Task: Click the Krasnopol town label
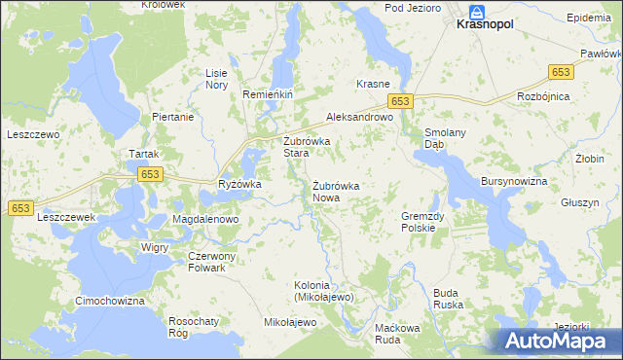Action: (486, 28)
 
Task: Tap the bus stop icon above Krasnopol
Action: (476, 12)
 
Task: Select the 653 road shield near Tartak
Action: (149, 174)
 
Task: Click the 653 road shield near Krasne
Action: (401, 101)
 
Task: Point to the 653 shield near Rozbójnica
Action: (561, 72)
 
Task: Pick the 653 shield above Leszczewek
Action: (21, 208)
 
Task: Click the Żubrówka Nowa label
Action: (336, 192)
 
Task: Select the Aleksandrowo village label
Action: (358, 116)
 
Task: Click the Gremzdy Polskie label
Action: (424, 222)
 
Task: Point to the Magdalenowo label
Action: (205, 220)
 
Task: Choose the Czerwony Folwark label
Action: (205, 262)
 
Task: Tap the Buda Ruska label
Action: (447, 298)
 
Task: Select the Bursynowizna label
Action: (514, 182)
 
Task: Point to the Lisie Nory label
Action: (215, 79)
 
